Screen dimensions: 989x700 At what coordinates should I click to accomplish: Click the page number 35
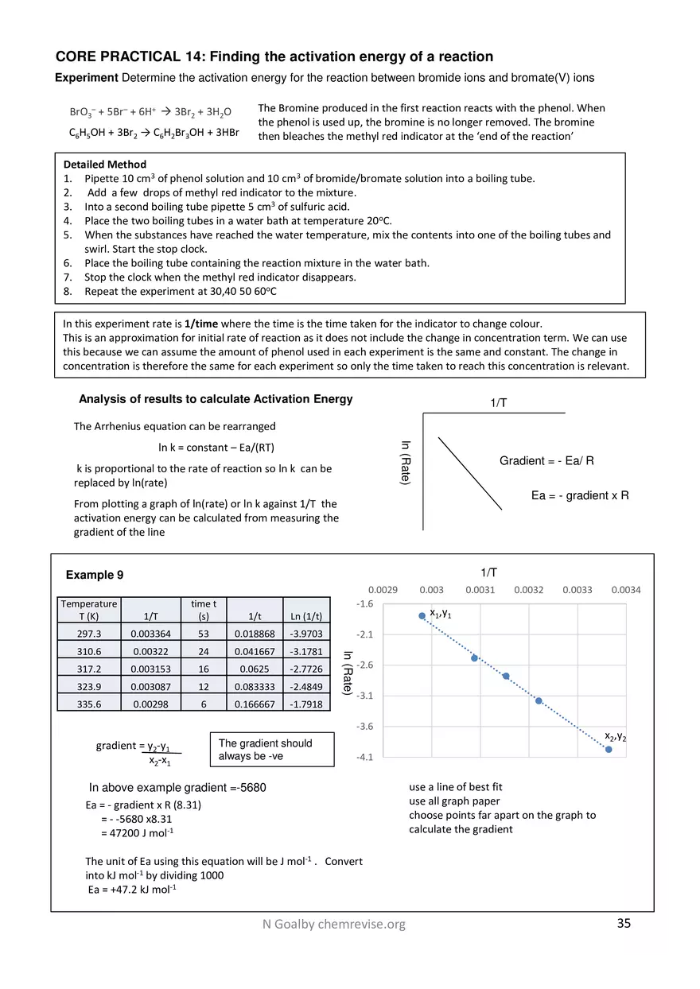tap(624, 923)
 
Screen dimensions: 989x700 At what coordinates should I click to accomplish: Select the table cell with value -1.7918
tap(306, 704)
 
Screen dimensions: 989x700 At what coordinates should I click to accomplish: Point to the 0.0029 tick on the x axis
tap(383, 590)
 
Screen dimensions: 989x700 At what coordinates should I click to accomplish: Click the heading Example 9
tap(95, 575)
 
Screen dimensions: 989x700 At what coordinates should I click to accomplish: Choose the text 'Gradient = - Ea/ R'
tap(546, 461)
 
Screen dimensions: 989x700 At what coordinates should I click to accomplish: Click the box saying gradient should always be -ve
tap(270, 750)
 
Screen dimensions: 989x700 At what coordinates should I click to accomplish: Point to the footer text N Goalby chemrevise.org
tap(334, 924)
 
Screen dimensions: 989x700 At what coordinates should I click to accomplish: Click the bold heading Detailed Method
tap(104, 165)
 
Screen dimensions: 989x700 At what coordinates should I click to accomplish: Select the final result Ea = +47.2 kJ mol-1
tap(132, 889)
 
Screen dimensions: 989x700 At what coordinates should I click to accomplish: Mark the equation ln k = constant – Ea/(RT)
tap(216, 448)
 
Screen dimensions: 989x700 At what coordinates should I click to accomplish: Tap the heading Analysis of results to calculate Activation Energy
tap(216, 399)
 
